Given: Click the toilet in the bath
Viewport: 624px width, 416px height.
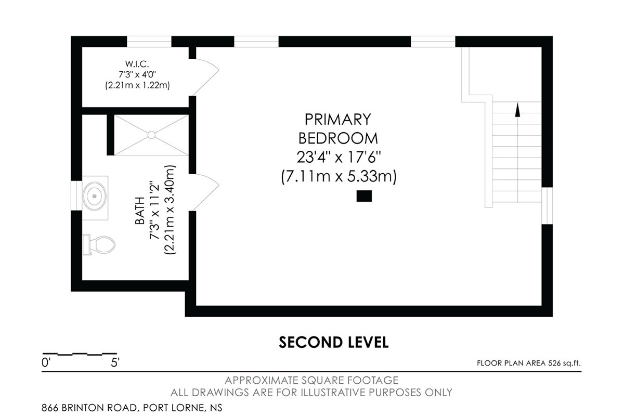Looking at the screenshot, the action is (x=99, y=245).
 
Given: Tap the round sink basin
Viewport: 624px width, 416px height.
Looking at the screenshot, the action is (x=95, y=196).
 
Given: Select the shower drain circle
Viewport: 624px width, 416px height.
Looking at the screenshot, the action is (x=151, y=135).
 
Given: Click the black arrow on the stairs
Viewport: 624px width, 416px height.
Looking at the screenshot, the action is (x=517, y=110).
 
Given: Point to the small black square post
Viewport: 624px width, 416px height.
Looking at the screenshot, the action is (x=364, y=196).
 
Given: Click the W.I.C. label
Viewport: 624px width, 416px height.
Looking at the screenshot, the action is (x=137, y=64).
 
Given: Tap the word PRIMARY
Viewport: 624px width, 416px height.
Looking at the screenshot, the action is (x=338, y=119).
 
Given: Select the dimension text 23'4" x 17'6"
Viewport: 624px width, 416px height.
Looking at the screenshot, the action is (x=339, y=158).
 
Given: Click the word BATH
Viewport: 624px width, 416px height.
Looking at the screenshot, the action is (x=140, y=211).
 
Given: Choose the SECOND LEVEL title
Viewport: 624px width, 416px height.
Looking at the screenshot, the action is (x=333, y=343).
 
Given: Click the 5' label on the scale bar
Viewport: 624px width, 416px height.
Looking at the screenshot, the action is (x=115, y=363).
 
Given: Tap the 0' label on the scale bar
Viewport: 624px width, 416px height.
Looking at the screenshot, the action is (x=46, y=363).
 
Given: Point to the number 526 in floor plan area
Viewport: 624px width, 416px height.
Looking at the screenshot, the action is (x=554, y=363).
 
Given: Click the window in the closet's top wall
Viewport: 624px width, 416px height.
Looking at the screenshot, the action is (x=149, y=42).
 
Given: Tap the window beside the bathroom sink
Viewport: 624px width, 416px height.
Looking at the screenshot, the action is (x=76, y=196).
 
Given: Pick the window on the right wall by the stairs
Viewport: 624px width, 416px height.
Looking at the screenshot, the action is (x=547, y=205).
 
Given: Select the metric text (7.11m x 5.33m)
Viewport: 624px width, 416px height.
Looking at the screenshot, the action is (x=339, y=177).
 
